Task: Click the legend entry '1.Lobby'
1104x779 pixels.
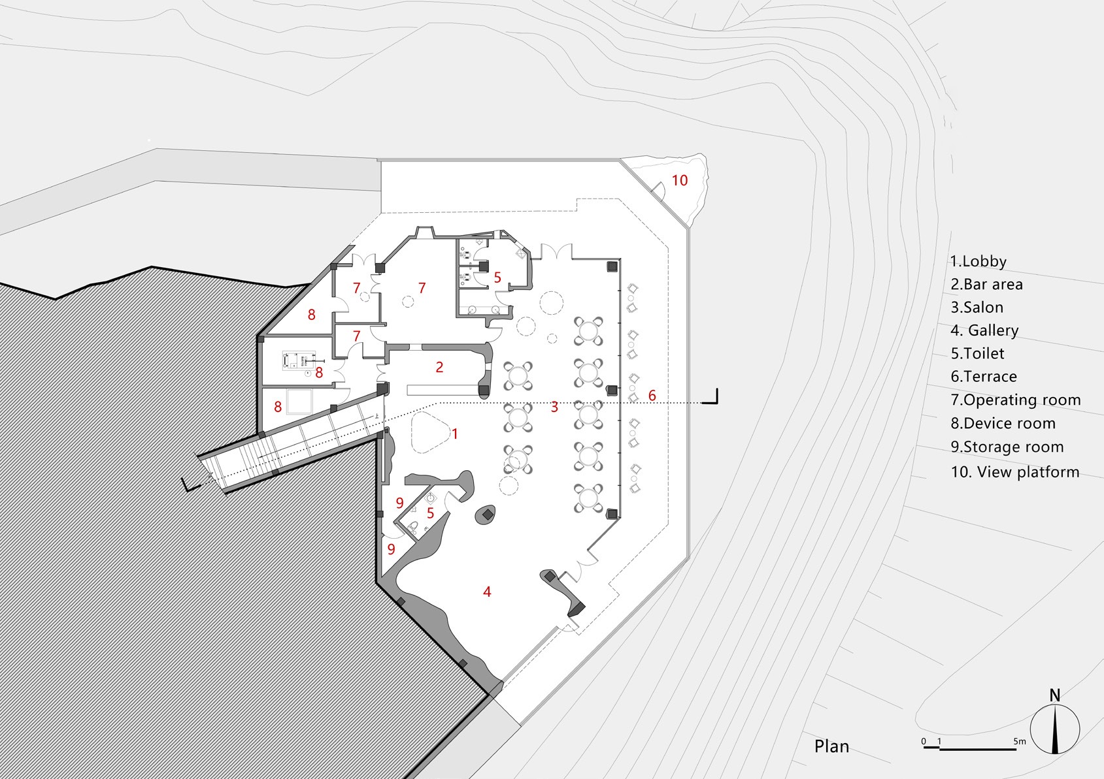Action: click(x=979, y=261)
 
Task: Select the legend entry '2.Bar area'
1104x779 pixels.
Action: click(x=987, y=284)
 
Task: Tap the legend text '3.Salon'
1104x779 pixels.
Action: click(x=977, y=308)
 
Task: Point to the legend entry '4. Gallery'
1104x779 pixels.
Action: click(x=984, y=330)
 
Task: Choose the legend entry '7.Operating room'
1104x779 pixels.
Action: click(x=1016, y=400)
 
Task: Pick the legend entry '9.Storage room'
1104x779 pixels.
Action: click(x=1007, y=447)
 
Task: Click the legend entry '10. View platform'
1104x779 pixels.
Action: click(x=1015, y=471)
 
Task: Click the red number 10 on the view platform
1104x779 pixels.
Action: click(x=680, y=180)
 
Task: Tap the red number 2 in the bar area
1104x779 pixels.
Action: click(x=440, y=367)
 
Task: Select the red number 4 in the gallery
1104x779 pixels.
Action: click(x=487, y=592)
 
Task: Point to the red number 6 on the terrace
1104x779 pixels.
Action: click(x=652, y=395)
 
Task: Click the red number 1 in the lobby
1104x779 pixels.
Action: click(x=455, y=434)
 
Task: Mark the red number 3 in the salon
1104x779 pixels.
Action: click(x=554, y=407)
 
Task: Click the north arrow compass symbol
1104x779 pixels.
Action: click(x=1055, y=729)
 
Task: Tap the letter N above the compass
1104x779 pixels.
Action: click(x=1055, y=695)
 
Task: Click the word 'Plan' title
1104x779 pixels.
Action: click(x=831, y=746)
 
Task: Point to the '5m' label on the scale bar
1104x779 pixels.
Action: click(x=1020, y=741)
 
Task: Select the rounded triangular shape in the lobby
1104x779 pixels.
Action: click(x=430, y=432)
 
